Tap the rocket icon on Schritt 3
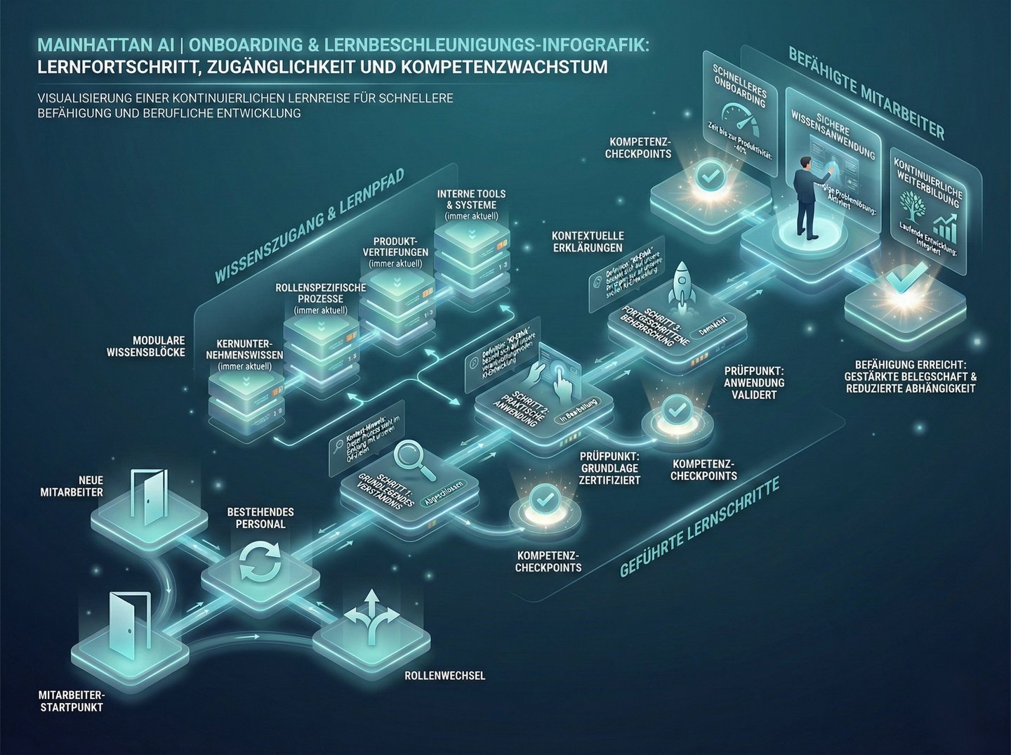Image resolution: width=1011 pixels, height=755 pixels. coord(680,284)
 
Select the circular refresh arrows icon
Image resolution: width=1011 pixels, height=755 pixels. coord(260,561)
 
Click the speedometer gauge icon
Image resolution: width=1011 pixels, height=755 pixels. coord(740,120)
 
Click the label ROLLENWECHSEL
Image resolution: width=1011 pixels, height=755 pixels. coord(444,676)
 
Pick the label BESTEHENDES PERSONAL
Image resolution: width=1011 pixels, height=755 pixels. coord(260,518)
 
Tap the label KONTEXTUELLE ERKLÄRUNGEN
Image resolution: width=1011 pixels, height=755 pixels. coord(588,242)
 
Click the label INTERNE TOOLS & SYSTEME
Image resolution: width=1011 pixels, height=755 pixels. coord(471,199)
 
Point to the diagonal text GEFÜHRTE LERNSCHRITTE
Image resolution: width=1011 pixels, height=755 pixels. coord(699,527)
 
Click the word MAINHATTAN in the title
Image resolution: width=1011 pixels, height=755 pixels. coord(95,45)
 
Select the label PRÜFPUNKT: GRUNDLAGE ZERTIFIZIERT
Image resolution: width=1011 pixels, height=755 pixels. coord(609,468)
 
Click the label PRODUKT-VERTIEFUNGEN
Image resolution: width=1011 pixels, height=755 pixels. coord(396,247)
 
